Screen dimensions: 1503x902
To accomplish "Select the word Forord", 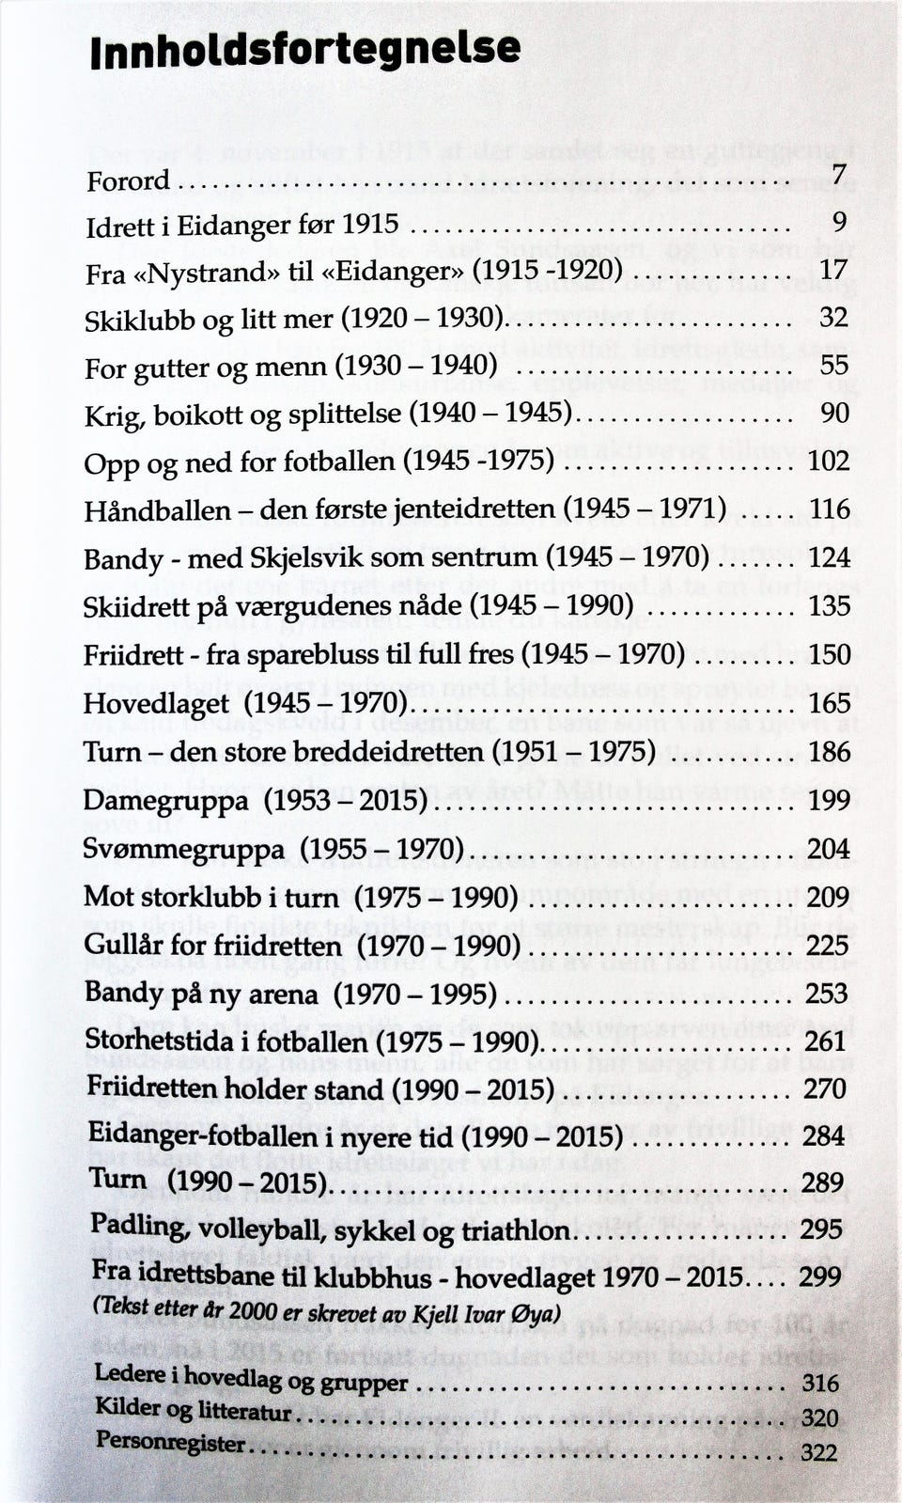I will pos(128,180).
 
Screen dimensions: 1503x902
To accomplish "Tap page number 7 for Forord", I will pos(839,174).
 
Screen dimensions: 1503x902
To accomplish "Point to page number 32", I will pos(833,317).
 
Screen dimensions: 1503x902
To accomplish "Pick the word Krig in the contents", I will pos(112,415).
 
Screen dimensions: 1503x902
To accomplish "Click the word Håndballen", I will pos(157,510).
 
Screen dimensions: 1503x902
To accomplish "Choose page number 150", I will pos(829,654).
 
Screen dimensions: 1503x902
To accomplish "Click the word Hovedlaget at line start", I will pos(156,704).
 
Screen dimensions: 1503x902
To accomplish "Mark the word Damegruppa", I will pos(166,801).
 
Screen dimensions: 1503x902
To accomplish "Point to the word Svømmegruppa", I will pos(183,850).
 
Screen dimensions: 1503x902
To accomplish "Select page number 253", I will pos(827,993).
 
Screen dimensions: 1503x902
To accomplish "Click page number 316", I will pos(819,1383).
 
